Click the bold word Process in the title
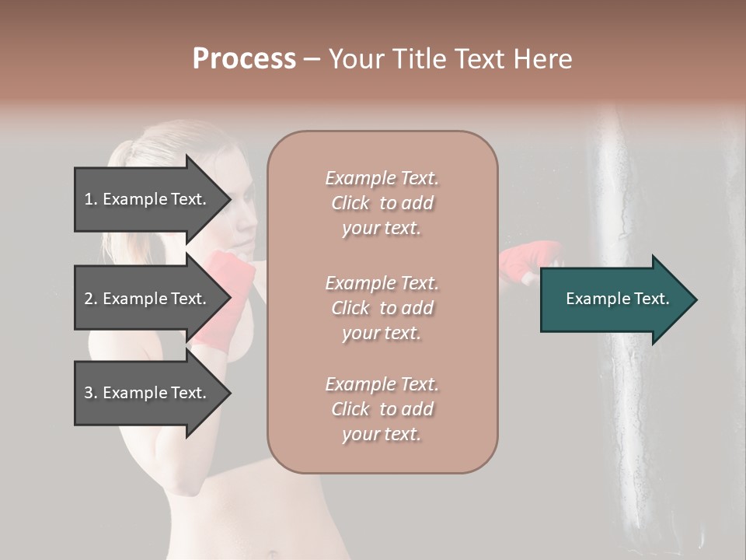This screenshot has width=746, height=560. tap(244, 59)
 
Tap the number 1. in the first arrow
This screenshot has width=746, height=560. tap(91, 199)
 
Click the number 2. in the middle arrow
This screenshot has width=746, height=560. tap(91, 299)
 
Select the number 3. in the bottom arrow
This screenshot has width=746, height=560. tap(91, 393)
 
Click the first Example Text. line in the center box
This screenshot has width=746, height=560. tap(382, 178)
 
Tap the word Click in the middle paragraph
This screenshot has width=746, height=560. tap(350, 308)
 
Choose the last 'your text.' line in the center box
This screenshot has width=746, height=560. tap(382, 434)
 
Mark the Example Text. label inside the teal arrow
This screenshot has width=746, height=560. tap(618, 299)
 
